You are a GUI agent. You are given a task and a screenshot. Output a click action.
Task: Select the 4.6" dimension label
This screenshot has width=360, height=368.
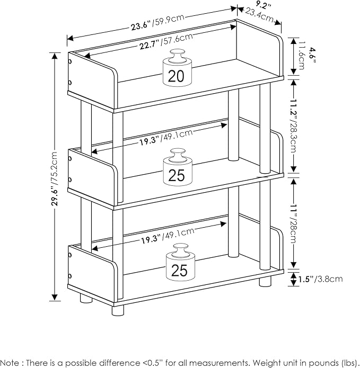point(313,55)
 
